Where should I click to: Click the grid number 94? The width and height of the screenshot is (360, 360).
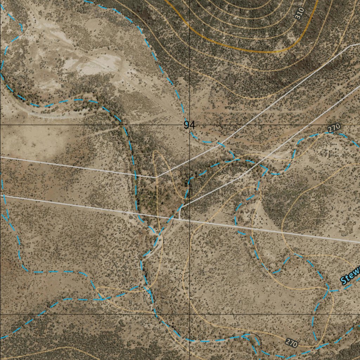click(189, 125)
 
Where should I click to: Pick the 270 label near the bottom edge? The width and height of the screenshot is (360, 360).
click(291, 343)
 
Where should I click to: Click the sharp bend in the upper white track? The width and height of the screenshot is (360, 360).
click(156, 177)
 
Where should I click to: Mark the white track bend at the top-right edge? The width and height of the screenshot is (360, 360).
click(351, 46)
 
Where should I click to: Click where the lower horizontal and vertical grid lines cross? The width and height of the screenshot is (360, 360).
click(190, 314)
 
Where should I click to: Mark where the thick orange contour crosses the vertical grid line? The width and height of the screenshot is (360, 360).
click(190, 30)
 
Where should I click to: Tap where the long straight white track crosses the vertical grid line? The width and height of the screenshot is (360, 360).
click(190, 220)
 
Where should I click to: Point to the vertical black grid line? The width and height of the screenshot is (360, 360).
click(190, 267)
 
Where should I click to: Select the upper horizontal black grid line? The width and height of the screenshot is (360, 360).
click(70, 125)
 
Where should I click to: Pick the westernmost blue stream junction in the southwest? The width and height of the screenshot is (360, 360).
click(102, 299)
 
